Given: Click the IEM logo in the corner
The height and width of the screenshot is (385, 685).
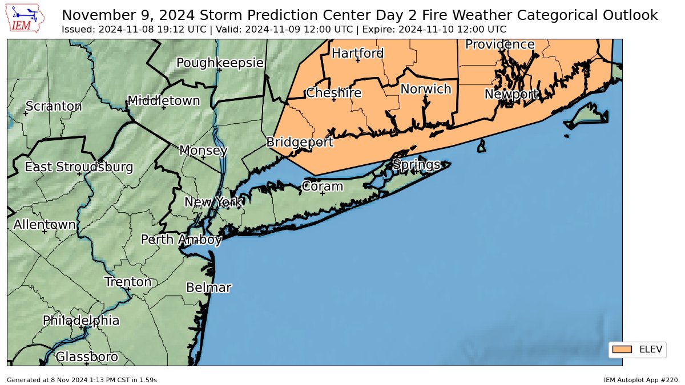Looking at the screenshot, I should point(26,18).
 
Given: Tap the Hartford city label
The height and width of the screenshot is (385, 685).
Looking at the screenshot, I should point(357,53).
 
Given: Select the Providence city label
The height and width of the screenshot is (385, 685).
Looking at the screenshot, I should point(499,44).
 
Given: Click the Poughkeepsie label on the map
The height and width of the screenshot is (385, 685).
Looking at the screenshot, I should point(220,63).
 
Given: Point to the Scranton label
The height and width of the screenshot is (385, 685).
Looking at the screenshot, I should point(54,107).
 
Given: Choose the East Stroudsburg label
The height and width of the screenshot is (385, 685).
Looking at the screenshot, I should point(79,167).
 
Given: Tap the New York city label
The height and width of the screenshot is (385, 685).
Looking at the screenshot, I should point(214,202).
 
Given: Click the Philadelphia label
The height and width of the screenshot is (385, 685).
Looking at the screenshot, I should point(81,321).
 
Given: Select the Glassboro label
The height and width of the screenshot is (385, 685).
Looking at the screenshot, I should point(87,357).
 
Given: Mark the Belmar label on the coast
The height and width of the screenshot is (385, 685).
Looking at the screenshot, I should point(208,287).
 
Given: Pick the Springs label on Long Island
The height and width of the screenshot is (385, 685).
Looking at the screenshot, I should point(416,165).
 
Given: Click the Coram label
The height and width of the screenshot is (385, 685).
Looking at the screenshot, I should point(322,187).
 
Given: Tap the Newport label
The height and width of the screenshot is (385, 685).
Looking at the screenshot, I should point(511,94).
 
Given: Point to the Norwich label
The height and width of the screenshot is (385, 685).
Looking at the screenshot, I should point(425,89).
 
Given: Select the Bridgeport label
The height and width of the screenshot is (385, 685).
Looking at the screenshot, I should point(300,142).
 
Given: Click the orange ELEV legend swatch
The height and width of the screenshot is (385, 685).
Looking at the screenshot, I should point(621,349).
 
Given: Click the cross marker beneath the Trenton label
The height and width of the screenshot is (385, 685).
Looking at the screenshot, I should point(128,289).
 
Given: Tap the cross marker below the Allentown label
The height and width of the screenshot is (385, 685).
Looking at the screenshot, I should point(45,232).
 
